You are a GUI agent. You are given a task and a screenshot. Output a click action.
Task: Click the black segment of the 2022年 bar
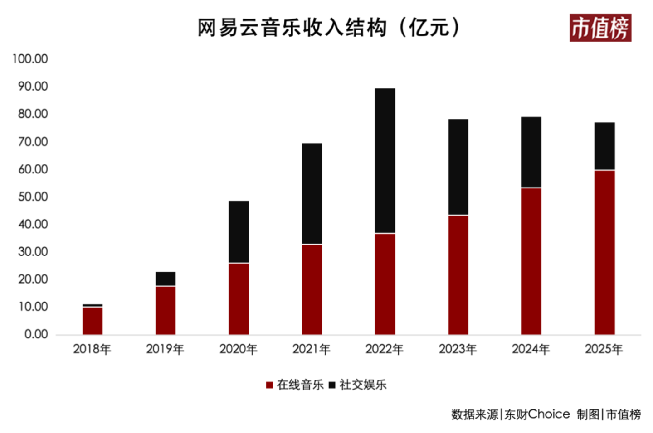[x=385, y=160]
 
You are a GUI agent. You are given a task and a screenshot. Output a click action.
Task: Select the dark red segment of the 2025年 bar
[x=604, y=252]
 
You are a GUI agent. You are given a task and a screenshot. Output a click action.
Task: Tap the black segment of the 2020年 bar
[x=239, y=232]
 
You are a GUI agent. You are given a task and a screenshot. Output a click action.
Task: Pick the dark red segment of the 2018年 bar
[x=93, y=321]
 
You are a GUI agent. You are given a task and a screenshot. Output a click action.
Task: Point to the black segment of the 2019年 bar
[x=166, y=279]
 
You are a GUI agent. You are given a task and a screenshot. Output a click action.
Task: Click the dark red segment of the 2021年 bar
[x=312, y=289]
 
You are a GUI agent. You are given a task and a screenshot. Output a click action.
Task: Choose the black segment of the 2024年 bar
[x=531, y=152]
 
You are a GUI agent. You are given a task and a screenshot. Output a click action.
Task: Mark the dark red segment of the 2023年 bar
[x=458, y=275]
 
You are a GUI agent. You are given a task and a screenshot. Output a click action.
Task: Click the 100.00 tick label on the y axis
[x=30, y=59]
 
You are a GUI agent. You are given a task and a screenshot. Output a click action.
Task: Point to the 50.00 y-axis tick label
[x=33, y=197]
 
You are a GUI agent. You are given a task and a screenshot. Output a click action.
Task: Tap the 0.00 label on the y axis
[x=36, y=334]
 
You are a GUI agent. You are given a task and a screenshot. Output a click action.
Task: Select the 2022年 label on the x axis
[x=385, y=349]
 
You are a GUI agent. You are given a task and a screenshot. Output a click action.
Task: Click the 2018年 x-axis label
[x=92, y=349]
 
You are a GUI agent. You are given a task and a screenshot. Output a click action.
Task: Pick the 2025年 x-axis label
[x=604, y=349]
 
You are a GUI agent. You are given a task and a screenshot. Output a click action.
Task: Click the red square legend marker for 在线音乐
[x=269, y=385]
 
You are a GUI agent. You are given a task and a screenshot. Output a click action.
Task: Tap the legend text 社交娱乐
[x=363, y=385]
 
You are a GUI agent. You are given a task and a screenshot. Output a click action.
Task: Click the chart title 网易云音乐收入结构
[x=292, y=28]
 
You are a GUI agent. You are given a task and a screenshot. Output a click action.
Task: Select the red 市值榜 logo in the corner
[x=600, y=28]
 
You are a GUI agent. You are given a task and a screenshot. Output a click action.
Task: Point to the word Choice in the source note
[x=549, y=414]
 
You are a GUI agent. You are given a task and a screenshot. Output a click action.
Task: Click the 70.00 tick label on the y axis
[x=33, y=142]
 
